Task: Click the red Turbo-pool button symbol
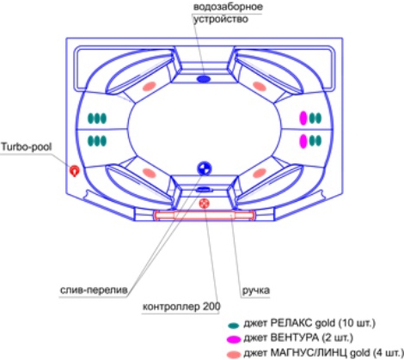(75, 171)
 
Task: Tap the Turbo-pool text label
(27, 147)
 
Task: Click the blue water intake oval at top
(204, 79)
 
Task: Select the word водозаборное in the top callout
(228, 7)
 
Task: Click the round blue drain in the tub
(205, 168)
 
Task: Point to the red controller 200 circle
(204, 204)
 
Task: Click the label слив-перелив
(94, 290)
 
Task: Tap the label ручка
(256, 290)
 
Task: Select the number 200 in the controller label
(211, 306)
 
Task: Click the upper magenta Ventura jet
(303, 118)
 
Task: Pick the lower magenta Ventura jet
(303, 141)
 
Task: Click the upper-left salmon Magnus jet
(150, 86)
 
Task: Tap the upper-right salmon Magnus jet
(260, 86)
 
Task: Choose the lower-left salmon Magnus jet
(150, 173)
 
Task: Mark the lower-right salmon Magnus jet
(260, 173)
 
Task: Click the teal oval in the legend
(234, 326)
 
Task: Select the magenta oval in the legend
(234, 339)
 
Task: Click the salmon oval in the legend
(234, 354)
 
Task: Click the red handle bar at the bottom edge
(204, 216)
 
